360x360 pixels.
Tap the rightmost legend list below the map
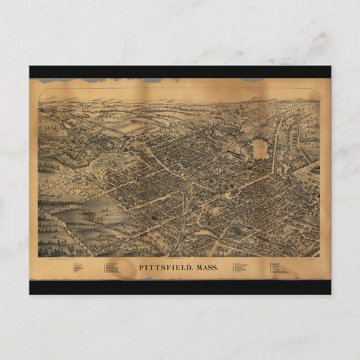(x=281, y=268)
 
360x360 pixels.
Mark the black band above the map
(x=180, y=71)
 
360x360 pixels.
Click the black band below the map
(x=180, y=287)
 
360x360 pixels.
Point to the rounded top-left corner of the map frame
(x=40, y=101)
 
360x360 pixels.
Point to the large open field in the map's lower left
(x=102, y=211)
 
